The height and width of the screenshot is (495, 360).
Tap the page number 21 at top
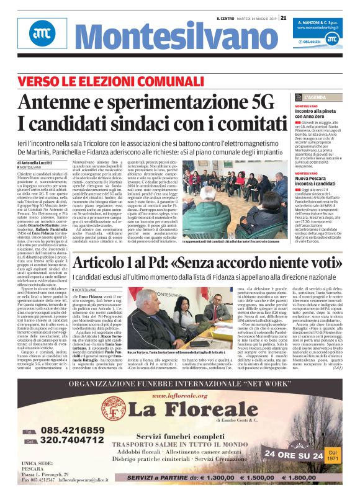(x=283, y=17)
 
